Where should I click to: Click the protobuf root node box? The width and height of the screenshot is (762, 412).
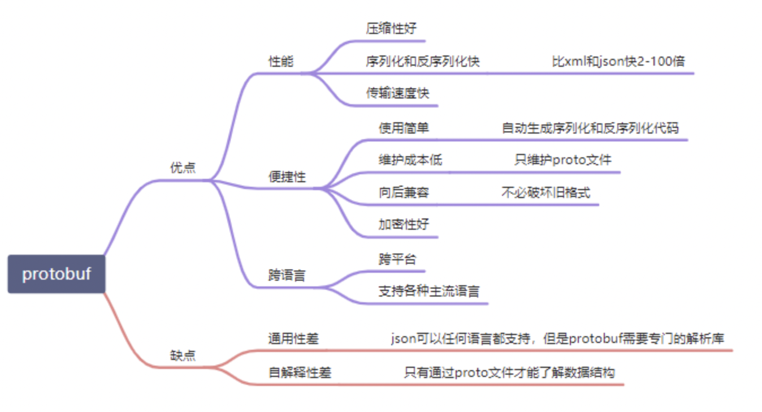coord(57,274)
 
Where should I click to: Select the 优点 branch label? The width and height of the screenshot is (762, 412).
coord(183,168)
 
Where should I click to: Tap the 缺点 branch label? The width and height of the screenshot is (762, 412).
coord(183,355)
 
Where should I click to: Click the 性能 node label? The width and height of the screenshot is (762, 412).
coord(281,62)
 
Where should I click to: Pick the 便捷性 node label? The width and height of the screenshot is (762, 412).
coord(287,177)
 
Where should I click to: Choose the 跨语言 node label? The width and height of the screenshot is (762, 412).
coord(287,276)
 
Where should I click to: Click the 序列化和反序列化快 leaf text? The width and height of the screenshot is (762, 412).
coord(423,61)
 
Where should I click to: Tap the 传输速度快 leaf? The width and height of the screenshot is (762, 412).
coord(397,93)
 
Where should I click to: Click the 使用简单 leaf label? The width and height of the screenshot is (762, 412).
coord(404,128)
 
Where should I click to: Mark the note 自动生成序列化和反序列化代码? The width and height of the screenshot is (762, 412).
coord(590,128)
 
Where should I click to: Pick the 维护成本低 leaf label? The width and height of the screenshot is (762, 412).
coord(410,160)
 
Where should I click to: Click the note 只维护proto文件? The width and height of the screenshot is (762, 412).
coord(562,160)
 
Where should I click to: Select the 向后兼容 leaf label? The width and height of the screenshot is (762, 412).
coord(404,192)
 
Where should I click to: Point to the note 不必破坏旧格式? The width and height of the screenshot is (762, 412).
coord(545,192)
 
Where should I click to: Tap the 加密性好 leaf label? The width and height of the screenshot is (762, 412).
coord(404,224)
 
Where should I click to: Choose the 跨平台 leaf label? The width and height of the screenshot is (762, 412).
coord(397,259)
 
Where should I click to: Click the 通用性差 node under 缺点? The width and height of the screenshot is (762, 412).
coord(293,339)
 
